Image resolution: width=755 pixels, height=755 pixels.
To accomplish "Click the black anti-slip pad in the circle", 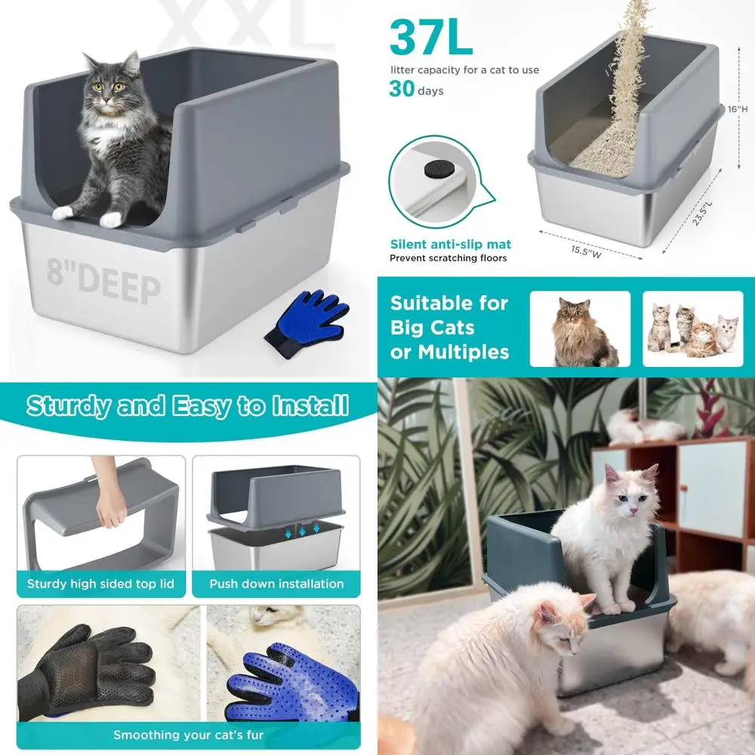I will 433,168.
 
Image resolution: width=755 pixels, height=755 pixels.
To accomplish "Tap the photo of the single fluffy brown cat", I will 580,329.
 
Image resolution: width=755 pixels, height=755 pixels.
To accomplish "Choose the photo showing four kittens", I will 692,329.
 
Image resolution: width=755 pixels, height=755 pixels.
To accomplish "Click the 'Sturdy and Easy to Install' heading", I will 187,406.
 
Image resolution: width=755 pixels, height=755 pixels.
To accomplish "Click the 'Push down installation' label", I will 276,584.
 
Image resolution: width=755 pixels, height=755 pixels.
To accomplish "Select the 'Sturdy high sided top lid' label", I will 100,584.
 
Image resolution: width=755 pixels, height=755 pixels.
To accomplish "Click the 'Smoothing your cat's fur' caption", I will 188,735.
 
